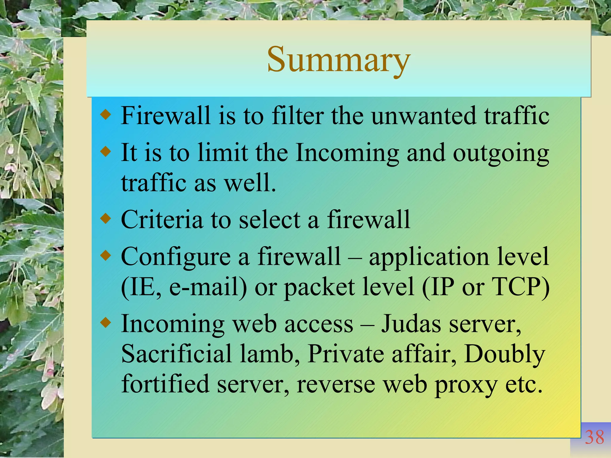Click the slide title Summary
(x=339, y=60)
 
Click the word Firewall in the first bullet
(x=166, y=115)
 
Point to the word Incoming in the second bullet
(x=347, y=153)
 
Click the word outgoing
(x=501, y=153)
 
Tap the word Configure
(x=176, y=257)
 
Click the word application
(x=429, y=257)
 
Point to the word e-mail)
(x=208, y=287)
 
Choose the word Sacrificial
(x=176, y=354)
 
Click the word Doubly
(x=504, y=354)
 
